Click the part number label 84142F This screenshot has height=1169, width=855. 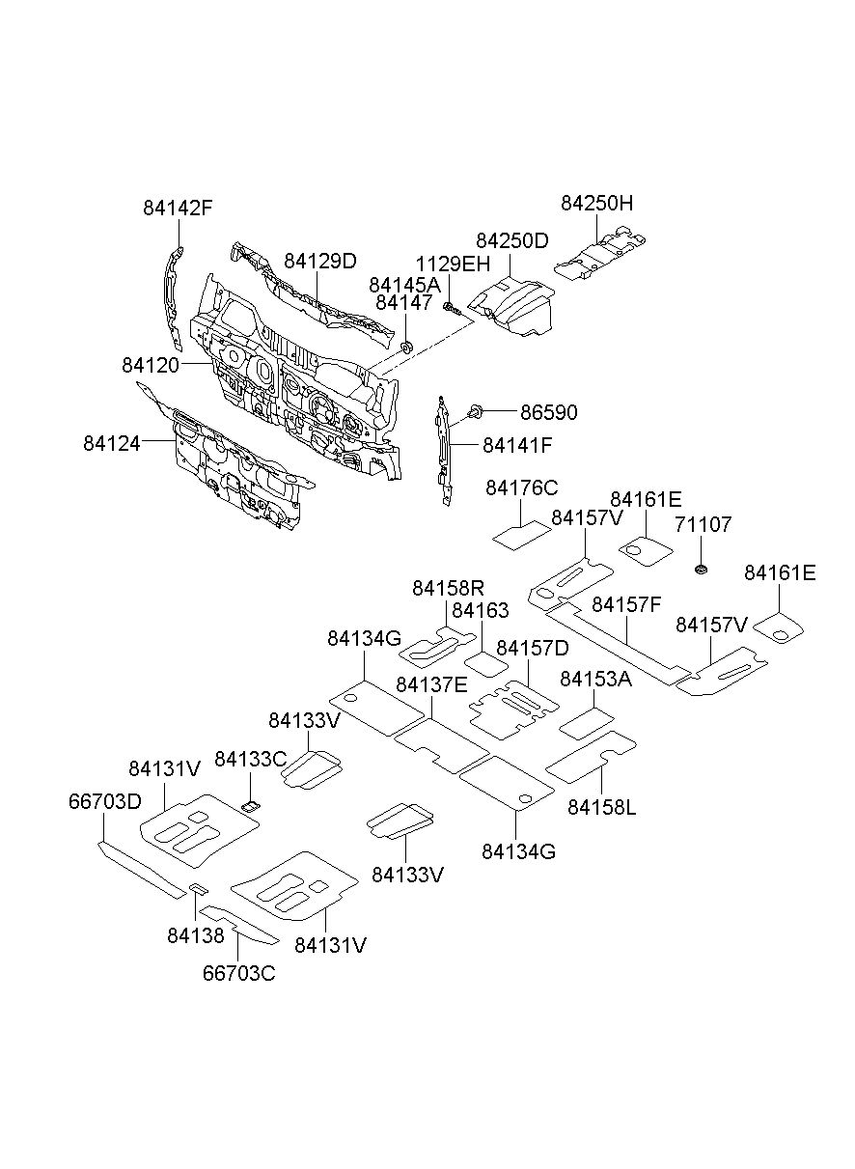point(178,209)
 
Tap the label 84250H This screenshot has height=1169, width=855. point(596,203)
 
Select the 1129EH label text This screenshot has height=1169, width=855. point(453,264)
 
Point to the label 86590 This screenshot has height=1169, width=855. point(549,412)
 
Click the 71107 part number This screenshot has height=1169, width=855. point(703,524)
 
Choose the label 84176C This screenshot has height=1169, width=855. point(522,487)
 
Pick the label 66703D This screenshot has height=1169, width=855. point(105,802)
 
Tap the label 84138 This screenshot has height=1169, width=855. point(196,935)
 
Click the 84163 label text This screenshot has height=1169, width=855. point(480,610)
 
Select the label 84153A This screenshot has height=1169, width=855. point(595,679)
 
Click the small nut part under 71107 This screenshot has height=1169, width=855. point(702,570)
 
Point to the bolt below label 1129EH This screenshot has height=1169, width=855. point(452,309)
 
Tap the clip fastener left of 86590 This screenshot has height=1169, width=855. point(475,411)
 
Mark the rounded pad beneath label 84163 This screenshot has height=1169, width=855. point(486,664)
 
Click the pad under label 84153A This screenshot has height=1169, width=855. point(587,723)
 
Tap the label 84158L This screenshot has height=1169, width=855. point(602,807)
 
